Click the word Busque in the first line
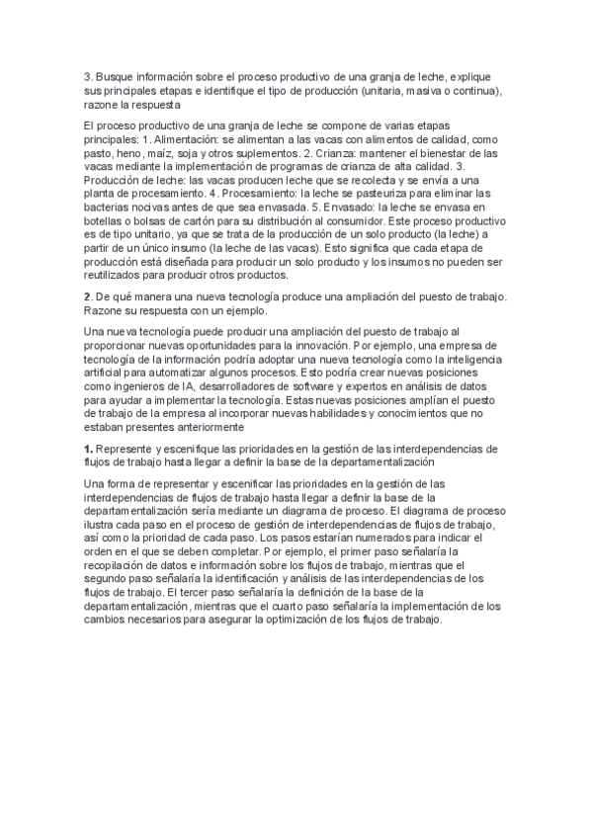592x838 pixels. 114,77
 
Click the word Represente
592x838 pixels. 127,449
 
